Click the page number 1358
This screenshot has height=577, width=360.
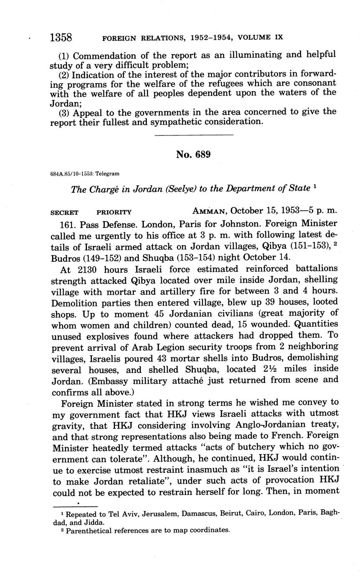tap(61, 38)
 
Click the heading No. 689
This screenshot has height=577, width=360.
tap(193, 155)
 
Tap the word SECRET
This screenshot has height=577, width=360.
tap(64, 212)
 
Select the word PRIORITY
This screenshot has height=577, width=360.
tap(114, 212)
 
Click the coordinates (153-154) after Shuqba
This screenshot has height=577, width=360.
tap(191, 258)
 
